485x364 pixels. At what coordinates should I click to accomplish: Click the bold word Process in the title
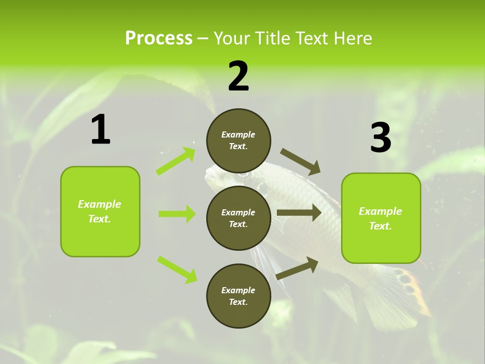159,38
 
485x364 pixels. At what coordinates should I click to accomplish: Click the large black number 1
101,130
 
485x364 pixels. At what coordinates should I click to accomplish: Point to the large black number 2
238,76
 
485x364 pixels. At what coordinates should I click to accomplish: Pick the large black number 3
380,138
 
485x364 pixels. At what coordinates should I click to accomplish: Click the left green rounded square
100,211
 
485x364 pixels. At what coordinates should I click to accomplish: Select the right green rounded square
381,218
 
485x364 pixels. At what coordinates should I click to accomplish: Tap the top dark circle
238,141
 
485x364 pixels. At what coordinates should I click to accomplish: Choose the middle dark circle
238,218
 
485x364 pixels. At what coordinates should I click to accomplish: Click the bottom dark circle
238,296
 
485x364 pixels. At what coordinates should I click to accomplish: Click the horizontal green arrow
177,214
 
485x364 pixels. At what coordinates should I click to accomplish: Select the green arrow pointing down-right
177,269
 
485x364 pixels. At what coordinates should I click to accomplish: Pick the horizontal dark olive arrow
299,213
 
